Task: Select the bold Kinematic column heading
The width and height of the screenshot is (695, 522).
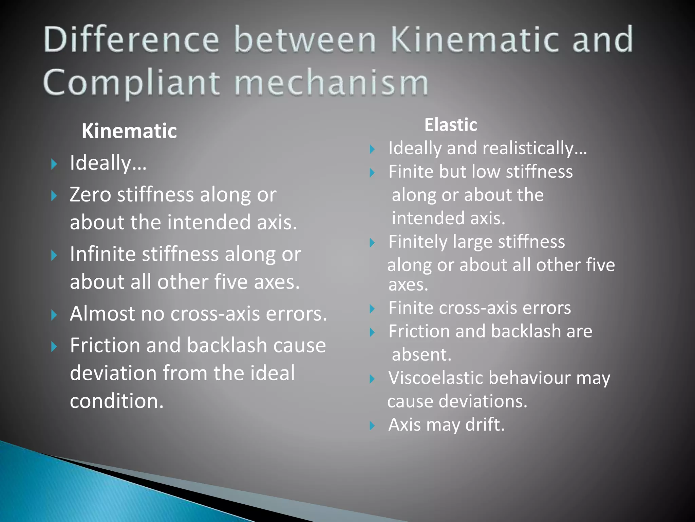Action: pyautogui.click(x=129, y=131)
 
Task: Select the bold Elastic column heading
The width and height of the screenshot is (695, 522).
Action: pyautogui.click(x=451, y=125)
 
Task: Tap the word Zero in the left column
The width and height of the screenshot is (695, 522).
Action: pyautogui.click(x=90, y=195)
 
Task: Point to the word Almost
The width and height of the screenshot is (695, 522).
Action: pyautogui.click(x=102, y=313)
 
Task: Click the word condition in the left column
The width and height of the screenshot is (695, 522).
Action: pyautogui.click(x=117, y=401)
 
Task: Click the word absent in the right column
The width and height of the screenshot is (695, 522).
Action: pyautogui.click(x=421, y=354)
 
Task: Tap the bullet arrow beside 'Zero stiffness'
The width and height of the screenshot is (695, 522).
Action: pyautogui.click(x=54, y=196)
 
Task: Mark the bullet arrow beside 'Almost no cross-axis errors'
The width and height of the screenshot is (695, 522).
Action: pyautogui.click(x=54, y=315)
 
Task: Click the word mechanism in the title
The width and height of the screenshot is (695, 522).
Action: pyautogui.click(x=331, y=83)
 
